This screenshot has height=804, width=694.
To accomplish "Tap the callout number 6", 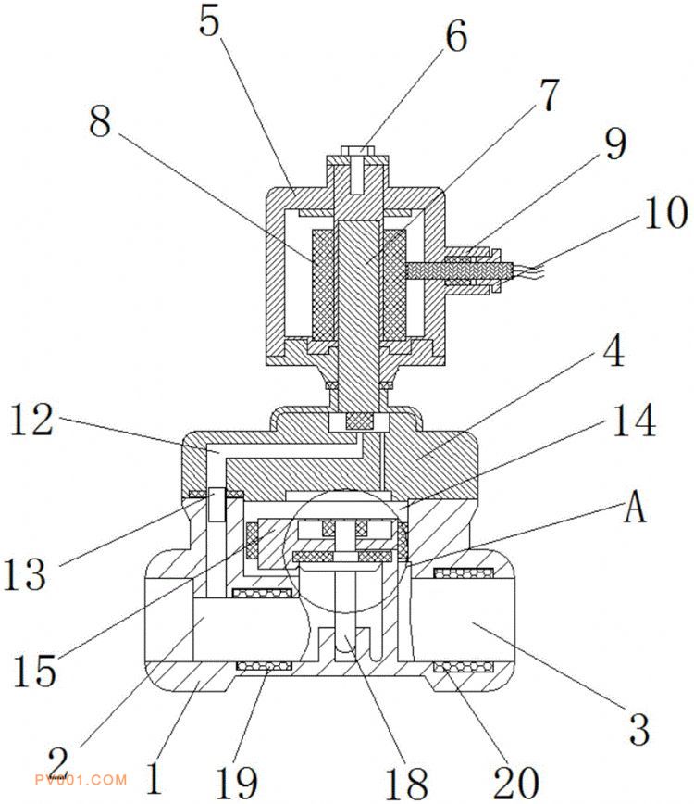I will point(455,37).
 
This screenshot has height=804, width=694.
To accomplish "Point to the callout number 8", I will point(102,122).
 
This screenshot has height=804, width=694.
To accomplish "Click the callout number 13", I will point(25,574).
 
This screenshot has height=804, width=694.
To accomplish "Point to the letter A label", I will point(634,509).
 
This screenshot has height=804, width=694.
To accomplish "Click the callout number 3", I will point(638,727).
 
